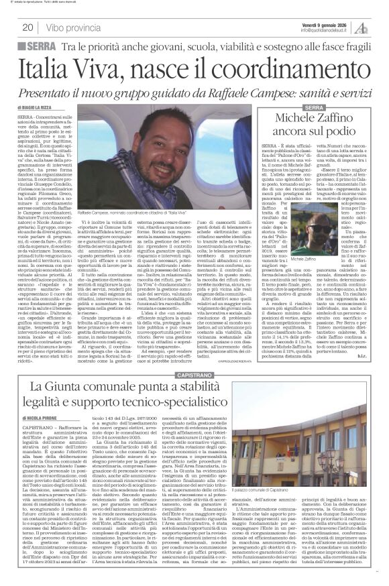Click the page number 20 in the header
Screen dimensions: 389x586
click(x=27, y=27)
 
